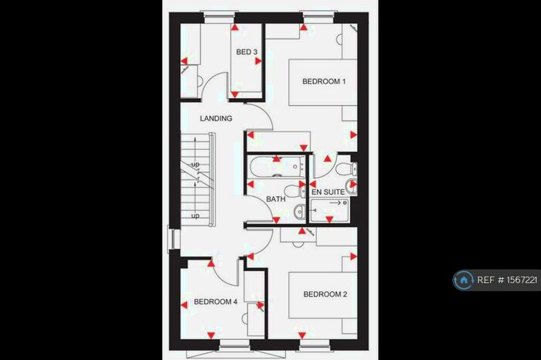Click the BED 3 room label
pos(247,53)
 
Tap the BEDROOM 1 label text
pos(324,82)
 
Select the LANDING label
pos(216,119)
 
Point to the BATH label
pos(276,199)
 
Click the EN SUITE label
pos(327,190)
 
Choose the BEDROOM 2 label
pos(325,294)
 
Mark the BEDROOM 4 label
pos(216,302)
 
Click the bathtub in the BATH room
pos(277,166)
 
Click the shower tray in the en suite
pos(330,209)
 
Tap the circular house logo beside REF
pos(464,280)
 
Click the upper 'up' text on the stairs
pos(196,165)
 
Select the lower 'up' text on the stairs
pos(196,216)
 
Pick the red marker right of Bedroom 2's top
pos(354,255)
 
